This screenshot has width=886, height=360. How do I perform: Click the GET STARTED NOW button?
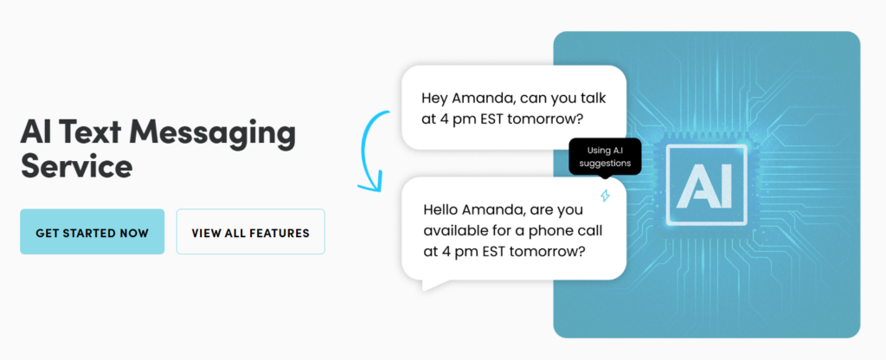coord(92,232)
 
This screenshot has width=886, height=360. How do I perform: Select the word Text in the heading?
coord(100,133)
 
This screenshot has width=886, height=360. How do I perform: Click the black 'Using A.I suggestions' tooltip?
coord(605,157)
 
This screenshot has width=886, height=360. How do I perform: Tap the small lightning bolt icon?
coord(606,196)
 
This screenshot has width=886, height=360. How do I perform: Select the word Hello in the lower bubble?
coord(445,210)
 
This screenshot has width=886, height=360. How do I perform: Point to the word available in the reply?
coord(455,231)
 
